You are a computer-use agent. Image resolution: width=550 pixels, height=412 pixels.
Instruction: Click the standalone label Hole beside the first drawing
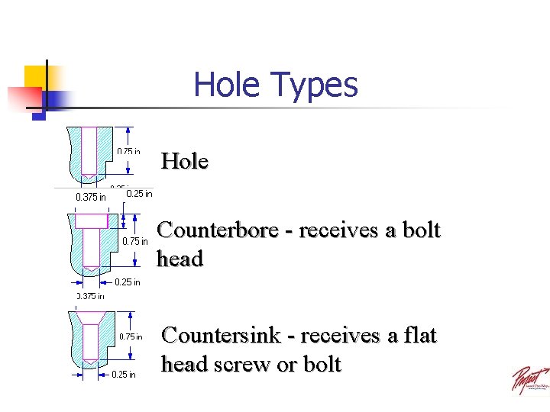(x=184, y=161)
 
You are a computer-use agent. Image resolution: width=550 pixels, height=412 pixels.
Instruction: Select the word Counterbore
(x=217, y=230)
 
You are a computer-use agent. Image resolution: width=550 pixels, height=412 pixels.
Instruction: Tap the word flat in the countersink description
(x=422, y=335)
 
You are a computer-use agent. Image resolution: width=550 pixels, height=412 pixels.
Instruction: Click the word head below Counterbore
(x=180, y=259)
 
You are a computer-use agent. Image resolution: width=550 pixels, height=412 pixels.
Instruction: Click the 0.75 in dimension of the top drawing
(x=128, y=151)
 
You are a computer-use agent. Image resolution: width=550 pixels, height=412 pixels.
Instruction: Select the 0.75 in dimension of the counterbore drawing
(x=136, y=242)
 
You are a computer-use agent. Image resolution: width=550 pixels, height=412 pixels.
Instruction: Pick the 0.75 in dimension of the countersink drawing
(x=130, y=336)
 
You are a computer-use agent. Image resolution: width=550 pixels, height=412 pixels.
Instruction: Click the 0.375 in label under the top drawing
(x=91, y=198)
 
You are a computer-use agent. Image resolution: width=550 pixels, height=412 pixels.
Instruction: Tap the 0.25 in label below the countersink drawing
(x=124, y=375)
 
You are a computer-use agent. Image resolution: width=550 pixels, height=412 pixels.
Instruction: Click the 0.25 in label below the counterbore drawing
(x=127, y=282)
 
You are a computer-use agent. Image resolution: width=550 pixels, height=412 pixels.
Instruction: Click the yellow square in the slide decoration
(x=37, y=77)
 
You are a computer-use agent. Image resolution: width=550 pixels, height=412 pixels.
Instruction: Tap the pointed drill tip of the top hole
(x=89, y=177)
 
